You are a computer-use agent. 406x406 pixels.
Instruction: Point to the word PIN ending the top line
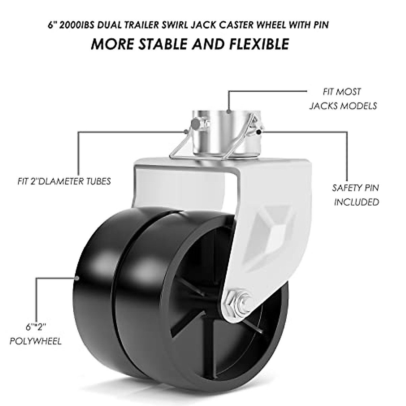point(320,26)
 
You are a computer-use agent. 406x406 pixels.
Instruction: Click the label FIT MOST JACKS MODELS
point(342,99)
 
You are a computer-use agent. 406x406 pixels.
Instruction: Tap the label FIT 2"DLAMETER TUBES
point(64,182)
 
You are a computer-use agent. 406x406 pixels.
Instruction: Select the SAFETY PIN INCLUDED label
point(356,195)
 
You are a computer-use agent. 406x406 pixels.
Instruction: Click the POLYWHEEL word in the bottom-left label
point(36,341)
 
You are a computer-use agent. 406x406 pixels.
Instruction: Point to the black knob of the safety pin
point(258,131)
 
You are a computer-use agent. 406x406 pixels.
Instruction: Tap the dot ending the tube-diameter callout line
point(185,131)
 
